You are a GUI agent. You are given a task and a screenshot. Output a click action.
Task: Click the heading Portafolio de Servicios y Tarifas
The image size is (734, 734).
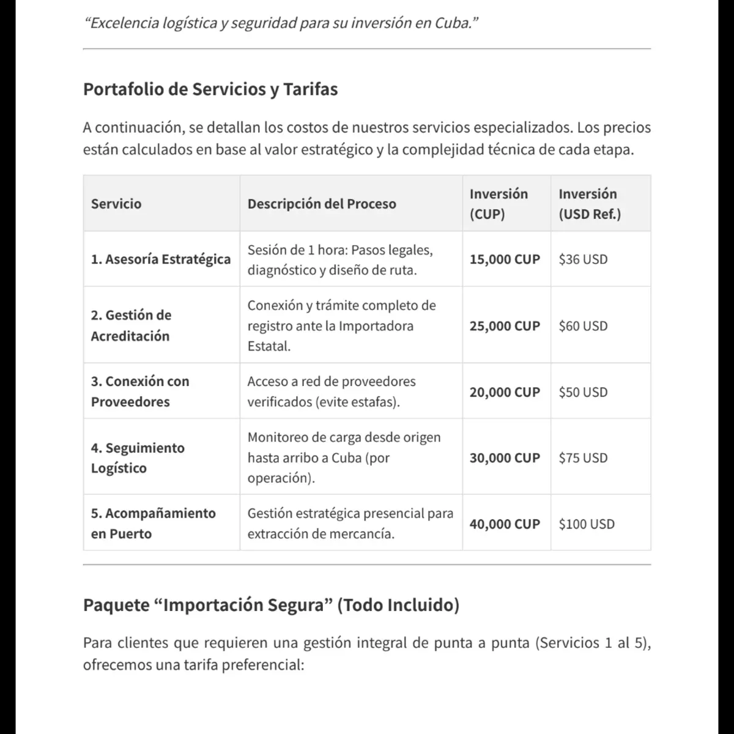(210, 89)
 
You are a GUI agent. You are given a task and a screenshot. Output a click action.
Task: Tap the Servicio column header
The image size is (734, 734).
(116, 204)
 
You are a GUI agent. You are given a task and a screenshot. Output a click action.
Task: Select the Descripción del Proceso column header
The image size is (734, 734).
(322, 204)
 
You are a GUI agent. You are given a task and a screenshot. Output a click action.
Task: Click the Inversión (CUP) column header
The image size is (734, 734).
(499, 204)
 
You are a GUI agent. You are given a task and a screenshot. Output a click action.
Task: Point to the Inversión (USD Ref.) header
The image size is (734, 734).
(589, 204)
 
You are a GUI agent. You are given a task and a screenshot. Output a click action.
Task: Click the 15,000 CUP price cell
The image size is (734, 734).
(505, 259)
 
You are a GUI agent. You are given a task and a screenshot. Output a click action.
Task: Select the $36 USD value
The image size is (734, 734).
(583, 259)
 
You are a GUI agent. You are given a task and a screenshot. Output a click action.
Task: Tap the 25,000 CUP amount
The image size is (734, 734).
(505, 326)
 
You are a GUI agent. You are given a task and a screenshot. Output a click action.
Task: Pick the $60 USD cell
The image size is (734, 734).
(583, 326)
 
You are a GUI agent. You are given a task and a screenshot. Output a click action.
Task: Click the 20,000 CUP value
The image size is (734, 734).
(505, 392)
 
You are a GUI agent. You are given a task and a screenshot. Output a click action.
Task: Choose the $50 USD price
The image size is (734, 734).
(583, 392)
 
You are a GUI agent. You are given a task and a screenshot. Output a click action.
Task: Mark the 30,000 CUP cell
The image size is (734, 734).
(505, 458)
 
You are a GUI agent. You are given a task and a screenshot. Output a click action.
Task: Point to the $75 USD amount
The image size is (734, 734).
(583, 458)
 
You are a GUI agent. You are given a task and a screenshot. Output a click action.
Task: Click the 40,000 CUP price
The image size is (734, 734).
(505, 524)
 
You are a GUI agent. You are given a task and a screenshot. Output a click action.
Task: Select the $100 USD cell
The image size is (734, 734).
(587, 524)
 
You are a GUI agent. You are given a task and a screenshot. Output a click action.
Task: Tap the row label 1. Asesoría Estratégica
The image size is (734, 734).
(161, 259)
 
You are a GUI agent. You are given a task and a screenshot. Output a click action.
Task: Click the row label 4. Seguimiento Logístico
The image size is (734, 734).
(138, 458)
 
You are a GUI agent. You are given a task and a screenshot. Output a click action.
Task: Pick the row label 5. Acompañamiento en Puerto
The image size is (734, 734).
(153, 524)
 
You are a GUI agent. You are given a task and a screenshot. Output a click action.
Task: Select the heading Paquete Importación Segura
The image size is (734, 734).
(271, 606)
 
